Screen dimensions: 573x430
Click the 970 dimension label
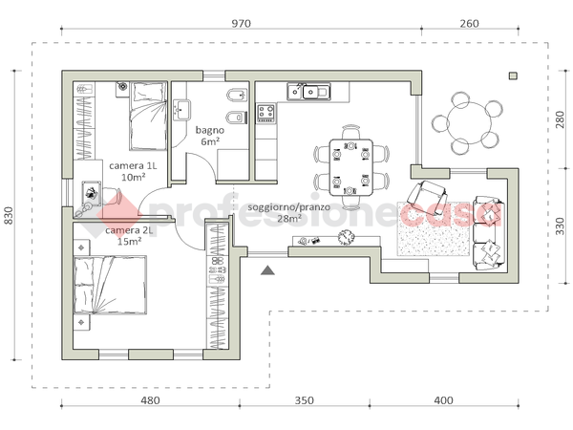(x=242, y=24)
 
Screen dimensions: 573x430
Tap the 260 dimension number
(x=469, y=24)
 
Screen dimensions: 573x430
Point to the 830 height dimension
(x=9, y=216)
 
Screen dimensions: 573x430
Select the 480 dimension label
(x=150, y=400)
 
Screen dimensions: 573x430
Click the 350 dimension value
(x=304, y=400)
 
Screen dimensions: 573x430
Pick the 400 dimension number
(x=444, y=400)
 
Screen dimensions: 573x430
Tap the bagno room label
(x=210, y=130)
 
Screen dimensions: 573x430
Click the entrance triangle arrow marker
(x=267, y=270)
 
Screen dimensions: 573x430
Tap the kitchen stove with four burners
(x=265, y=113)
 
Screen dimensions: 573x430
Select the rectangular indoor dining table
(x=350, y=167)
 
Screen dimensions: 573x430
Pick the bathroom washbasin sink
(x=181, y=110)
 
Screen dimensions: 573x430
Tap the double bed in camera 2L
(x=110, y=285)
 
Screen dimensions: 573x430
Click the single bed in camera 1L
(x=148, y=117)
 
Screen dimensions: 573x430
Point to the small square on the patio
(x=513, y=76)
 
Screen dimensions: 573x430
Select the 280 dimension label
(x=561, y=119)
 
